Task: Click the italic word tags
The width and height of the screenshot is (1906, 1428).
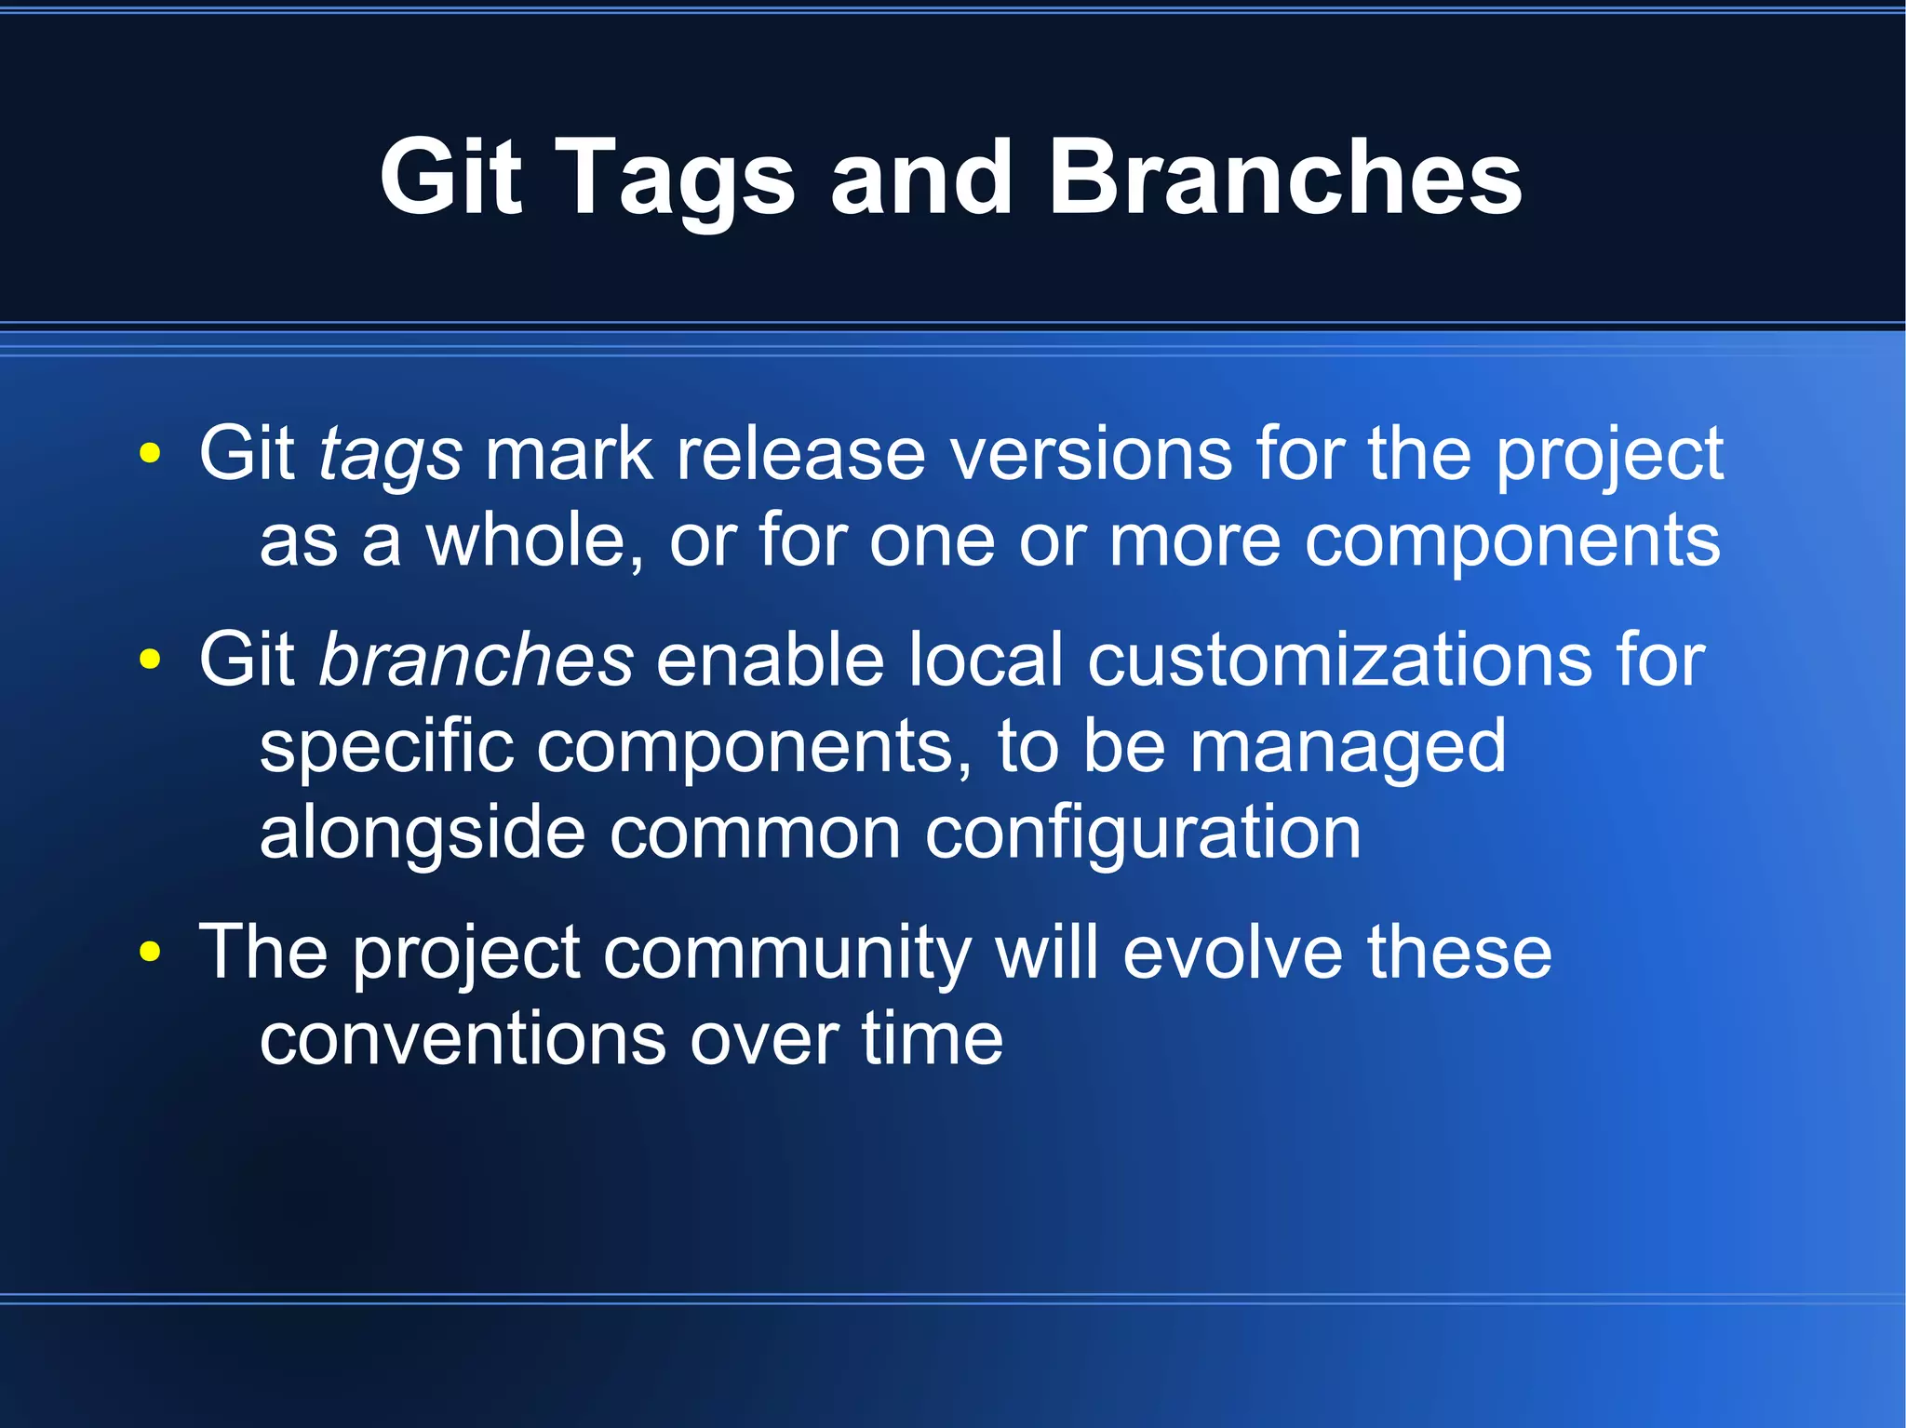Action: [390, 456]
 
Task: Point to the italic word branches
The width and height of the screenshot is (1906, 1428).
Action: [476, 660]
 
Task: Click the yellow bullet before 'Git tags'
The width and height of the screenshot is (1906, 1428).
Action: [149, 455]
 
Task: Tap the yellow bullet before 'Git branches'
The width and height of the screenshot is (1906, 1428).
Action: [149, 660]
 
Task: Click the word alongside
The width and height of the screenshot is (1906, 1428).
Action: [423, 833]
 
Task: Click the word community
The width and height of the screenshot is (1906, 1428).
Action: [786, 954]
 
